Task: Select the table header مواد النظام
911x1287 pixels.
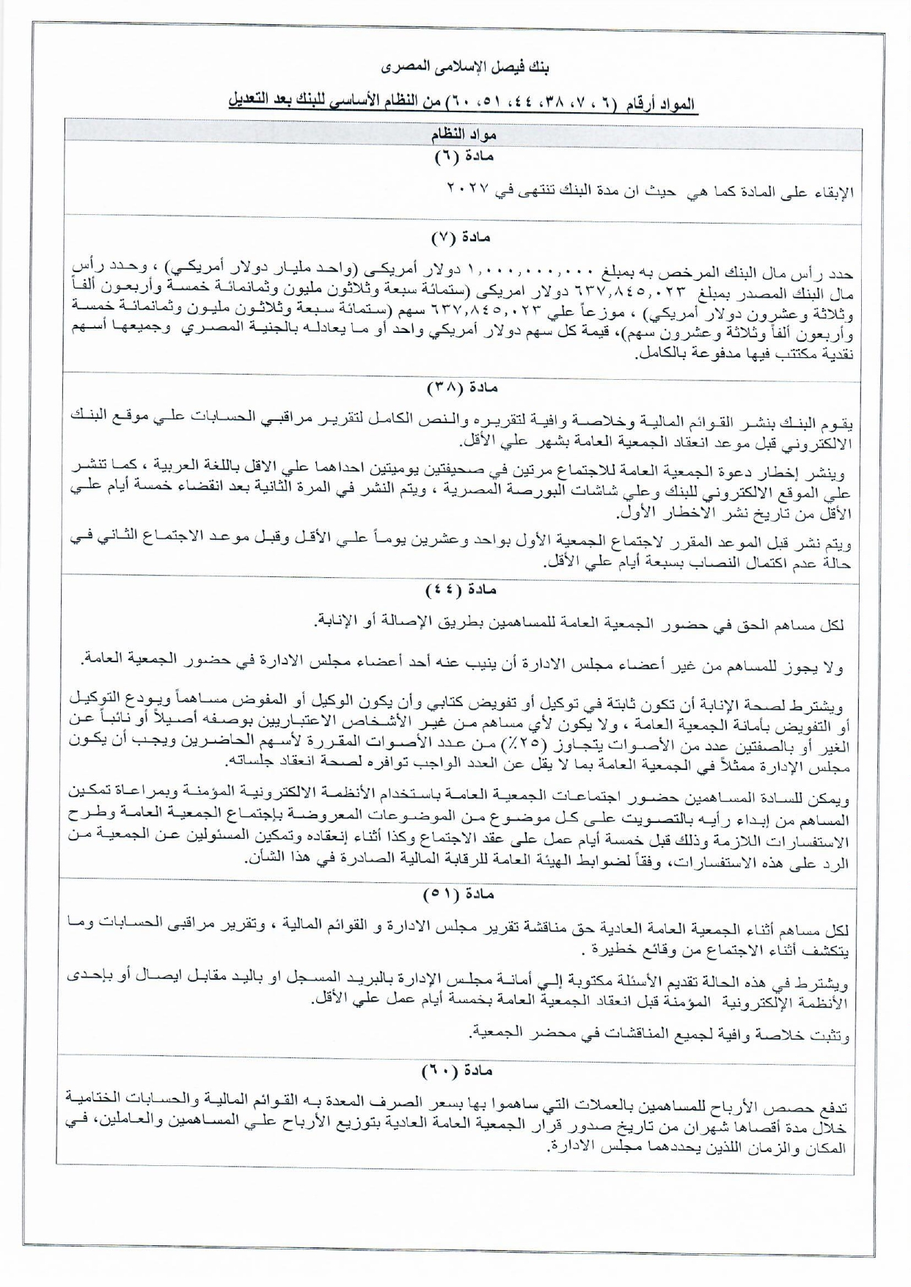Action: [x=463, y=136]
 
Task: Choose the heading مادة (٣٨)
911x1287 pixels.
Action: [x=461, y=386]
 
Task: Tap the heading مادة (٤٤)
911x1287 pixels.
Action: [x=461, y=590]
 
